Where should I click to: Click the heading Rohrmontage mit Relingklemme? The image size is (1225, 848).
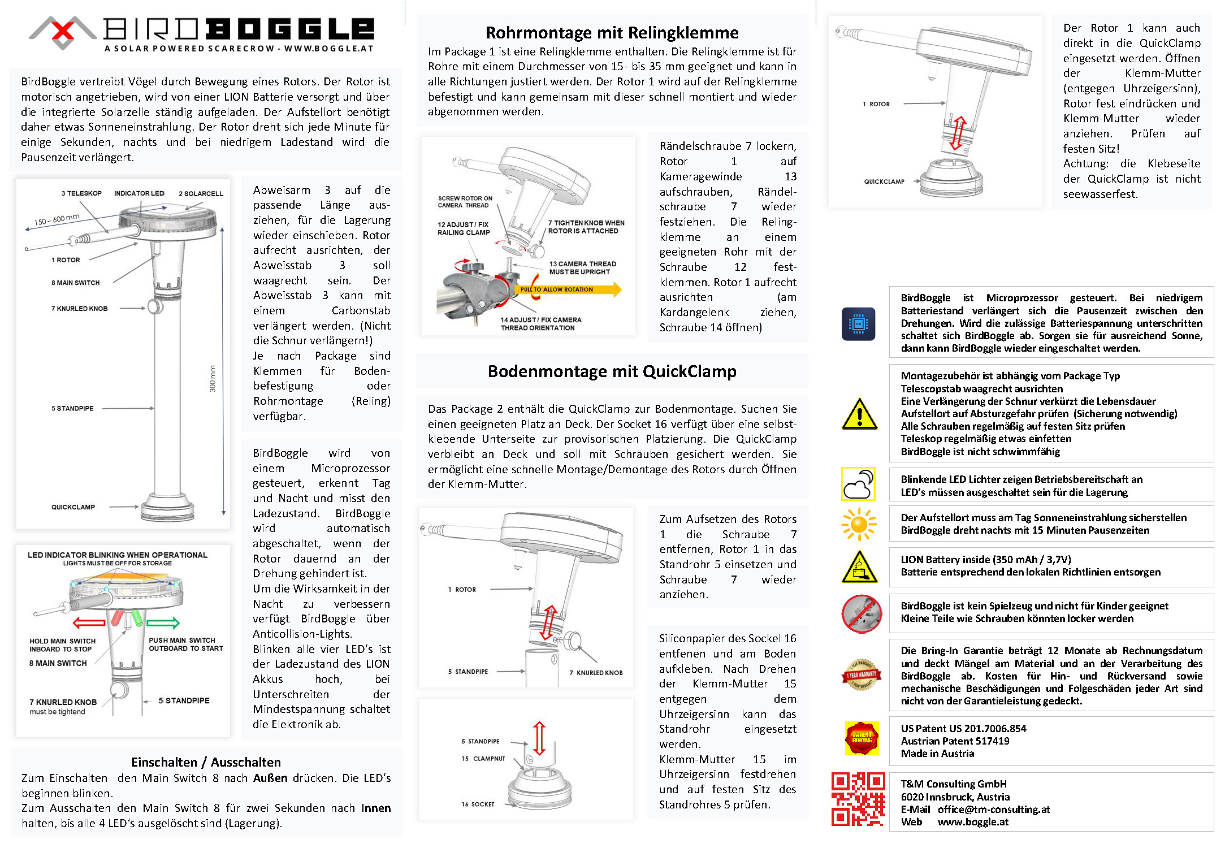[612, 32]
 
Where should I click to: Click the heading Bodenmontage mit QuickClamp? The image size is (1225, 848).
[612, 371]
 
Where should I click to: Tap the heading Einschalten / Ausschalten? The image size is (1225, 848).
[206, 762]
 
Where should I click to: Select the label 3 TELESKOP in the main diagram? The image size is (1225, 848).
[81, 193]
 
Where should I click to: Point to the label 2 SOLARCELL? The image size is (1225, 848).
[201, 194]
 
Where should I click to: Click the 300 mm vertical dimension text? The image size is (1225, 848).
[213, 378]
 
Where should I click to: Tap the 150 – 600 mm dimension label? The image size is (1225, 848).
[57, 219]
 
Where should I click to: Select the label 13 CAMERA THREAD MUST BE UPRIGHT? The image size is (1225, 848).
[582, 268]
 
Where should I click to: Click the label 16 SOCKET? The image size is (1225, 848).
[478, 804]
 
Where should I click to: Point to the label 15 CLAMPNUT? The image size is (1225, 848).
[483, 759]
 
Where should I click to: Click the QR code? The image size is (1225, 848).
[858, 799]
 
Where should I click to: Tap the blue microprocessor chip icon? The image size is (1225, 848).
[858, 324]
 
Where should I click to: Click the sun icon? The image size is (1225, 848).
[858, 524]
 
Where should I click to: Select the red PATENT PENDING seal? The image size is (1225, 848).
[862, 738]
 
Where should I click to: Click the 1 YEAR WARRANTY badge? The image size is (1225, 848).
[861, 674]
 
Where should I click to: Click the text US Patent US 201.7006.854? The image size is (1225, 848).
[963, 729]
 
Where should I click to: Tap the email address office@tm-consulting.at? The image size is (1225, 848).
[993, 809]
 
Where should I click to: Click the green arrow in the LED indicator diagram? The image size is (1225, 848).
[163, 623]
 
